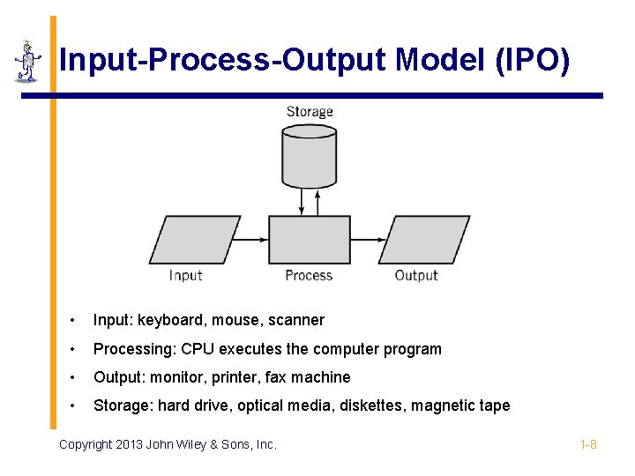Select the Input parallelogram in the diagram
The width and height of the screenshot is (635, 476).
tap(194, 240)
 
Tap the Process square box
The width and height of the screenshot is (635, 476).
tap(309, 239)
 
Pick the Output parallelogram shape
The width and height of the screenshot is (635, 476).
tap(423, 240)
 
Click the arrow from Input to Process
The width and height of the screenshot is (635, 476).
tap(253, 239)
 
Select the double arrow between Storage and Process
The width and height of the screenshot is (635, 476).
tap(303, 202)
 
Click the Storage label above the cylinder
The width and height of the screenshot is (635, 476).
tap(310, 112)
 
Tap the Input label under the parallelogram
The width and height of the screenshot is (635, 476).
tap(186, 276)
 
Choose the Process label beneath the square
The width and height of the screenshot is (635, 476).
tap(309, 276)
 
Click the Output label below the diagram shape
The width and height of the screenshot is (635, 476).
tap(415, 276)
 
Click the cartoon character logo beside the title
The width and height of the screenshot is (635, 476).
tap(28, 62)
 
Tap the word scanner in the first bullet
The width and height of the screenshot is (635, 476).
tap(297, 320)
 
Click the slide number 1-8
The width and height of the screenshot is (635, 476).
tap(588, 444)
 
